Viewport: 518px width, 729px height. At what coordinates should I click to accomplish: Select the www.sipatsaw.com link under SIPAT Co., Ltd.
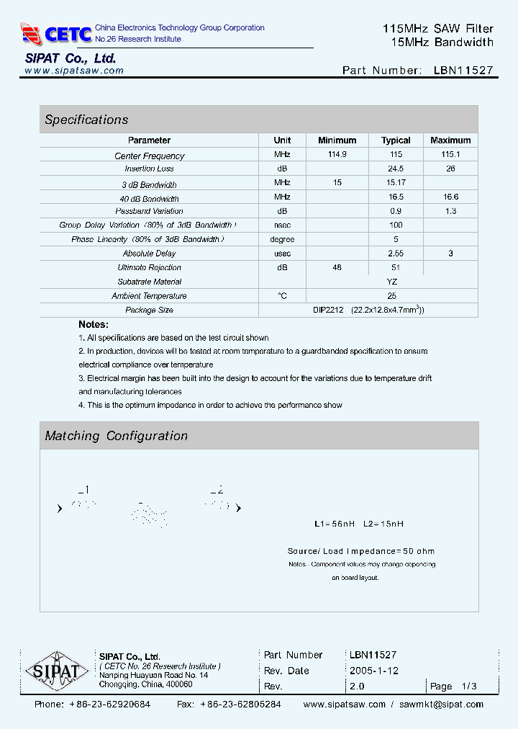coord(74,71)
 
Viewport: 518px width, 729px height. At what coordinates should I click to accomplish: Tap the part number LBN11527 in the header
coord(463,71)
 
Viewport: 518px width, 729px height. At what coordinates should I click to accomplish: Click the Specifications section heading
coord(86,120)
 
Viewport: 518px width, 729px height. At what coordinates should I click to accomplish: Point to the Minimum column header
coord(337,140)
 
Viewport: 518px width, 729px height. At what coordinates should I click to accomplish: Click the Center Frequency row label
coord(150,156)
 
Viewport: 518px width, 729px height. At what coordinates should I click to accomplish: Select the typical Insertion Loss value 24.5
coord(396,169)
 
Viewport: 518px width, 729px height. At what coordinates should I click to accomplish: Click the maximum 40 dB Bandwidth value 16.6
coord(450,197)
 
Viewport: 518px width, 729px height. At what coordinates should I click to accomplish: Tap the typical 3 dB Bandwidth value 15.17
coord(396,183)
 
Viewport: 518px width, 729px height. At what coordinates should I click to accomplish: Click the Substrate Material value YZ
coord(392,282)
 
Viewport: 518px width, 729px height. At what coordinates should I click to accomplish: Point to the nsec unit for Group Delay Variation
coord(282,225)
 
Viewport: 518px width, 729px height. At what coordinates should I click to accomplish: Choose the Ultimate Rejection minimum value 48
coord(337,267)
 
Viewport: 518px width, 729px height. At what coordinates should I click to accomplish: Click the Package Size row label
coord(150,310)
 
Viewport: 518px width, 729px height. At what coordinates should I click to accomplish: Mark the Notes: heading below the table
coord(94,324)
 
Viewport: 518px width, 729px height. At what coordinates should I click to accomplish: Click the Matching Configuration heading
coord(116,436)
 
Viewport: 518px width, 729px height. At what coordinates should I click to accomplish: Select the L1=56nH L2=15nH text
coord(359,524)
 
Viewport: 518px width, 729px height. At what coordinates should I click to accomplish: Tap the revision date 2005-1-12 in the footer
coord(374,671)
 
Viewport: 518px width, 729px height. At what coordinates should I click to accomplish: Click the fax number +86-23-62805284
coord(240,705)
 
